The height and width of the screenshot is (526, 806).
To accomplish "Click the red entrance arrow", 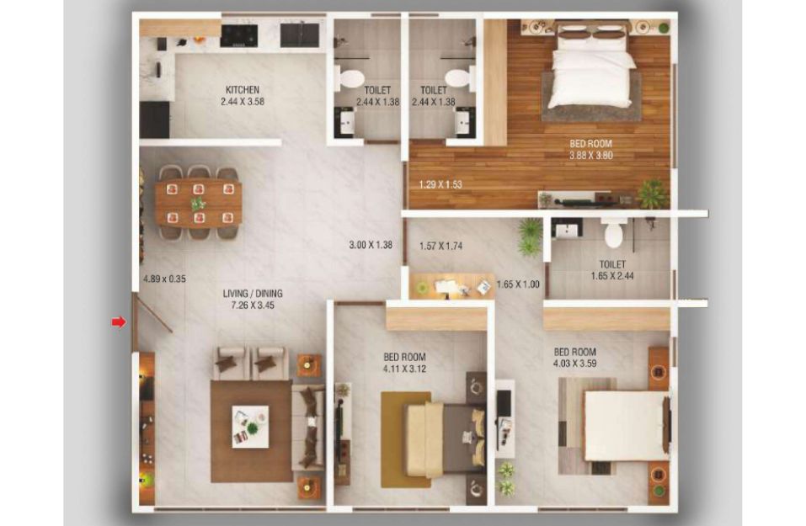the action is point(119,322).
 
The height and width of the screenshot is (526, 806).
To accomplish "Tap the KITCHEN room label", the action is point(243,90).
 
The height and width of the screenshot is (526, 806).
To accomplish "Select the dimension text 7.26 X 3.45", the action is point(253,306).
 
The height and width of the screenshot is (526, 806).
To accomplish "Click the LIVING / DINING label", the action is point(253,294).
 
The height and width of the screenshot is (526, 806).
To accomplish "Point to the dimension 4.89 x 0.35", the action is point(164,279).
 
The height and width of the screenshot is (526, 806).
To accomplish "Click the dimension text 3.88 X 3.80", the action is point(591,155).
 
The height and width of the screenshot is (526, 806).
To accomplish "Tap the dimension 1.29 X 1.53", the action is point(440,184).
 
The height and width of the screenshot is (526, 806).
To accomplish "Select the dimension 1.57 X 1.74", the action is point(441,246).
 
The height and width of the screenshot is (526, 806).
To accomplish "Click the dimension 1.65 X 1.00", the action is point(518,284).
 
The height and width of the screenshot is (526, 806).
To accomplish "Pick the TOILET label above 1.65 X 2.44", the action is point(613,264).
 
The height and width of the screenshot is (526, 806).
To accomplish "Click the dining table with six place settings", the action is point(199,204).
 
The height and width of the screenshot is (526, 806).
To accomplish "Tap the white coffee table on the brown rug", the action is point(250,427).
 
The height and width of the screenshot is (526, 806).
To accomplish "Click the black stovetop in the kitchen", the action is point(239,35).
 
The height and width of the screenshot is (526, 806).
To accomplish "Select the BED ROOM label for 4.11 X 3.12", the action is point(404,357).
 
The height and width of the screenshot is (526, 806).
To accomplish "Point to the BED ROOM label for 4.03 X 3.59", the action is point(575,352).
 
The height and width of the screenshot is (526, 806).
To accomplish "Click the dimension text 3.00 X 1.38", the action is point(371,245).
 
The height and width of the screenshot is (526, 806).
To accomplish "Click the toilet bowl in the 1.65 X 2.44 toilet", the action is point(616,232).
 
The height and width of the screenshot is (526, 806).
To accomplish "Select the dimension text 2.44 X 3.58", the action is point(243,102).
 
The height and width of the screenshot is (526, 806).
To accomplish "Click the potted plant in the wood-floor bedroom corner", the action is point(653,194).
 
